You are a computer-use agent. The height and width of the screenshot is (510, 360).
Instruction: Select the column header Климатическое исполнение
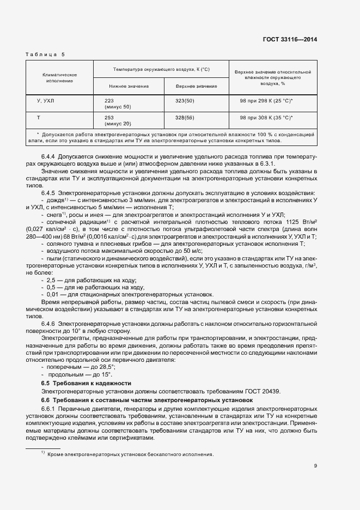tap(59, 77)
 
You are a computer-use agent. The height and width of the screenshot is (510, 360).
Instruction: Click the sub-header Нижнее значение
tap(129, 86)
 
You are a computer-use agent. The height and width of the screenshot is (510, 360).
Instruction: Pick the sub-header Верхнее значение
tap(196, 86)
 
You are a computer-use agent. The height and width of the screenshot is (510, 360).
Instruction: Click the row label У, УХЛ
tap(45, 101)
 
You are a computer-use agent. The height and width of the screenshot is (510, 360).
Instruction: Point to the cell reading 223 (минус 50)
tap(118, 104)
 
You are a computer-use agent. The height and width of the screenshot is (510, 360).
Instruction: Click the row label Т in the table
tap(38, 117)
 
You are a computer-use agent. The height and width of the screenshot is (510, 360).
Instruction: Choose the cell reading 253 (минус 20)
tap(118, 120)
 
